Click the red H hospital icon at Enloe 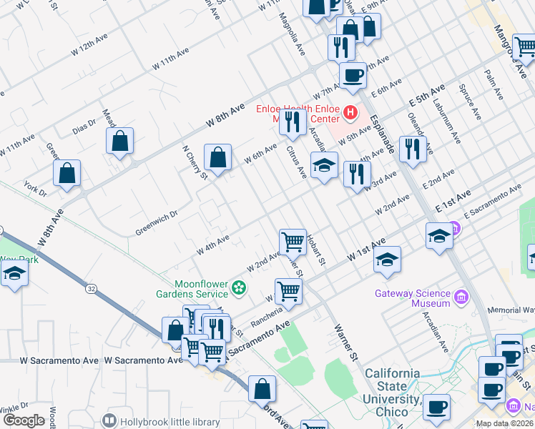pyautogui.click(x=350, y=112)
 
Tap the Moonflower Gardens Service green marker pyautogui.click(x=239, y=288)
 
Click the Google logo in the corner pyautogui.click(x=24, y=420)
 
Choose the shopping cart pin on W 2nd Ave pyautogui.click(x=293, y=242)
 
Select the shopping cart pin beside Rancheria pyautogui.click(x=288, y=291)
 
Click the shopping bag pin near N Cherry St pyautogui.click(x=217, y=157)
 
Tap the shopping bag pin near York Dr pyautogui.click(x=67, y=172)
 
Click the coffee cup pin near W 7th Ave pyautogui.click(x=353, y=74)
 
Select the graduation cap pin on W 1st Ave pyautogui.click(x=388, y=259)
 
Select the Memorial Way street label pyautogui.click(x=511, y=310)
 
